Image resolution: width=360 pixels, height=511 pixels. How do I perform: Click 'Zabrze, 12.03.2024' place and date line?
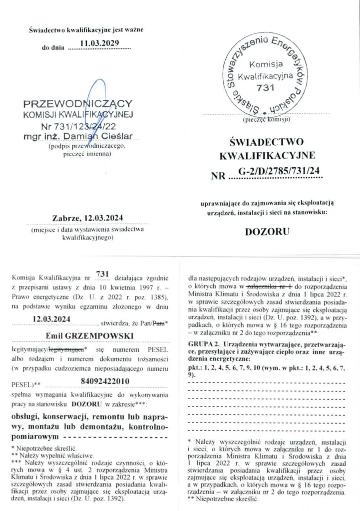pos(87,218)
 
